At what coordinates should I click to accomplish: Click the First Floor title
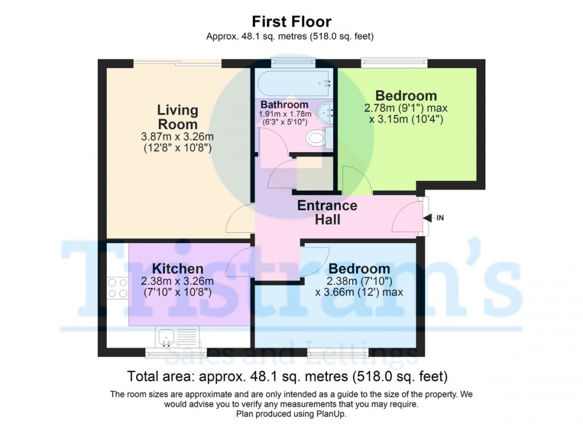pos(291,22)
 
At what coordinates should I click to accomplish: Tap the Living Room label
pos(178,117)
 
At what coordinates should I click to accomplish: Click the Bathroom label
pos(284,105)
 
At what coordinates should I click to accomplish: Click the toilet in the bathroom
pos(316,138)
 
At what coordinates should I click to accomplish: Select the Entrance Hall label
pos(327,212)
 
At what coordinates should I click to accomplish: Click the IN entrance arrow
pos(434,218)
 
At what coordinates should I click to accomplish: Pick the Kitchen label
pos(178,269)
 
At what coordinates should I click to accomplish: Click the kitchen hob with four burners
pos(117,287)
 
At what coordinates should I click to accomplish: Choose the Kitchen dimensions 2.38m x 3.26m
pos(177,281)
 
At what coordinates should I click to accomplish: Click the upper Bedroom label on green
pos(406,95)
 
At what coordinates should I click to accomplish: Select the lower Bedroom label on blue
pos(360,269)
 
